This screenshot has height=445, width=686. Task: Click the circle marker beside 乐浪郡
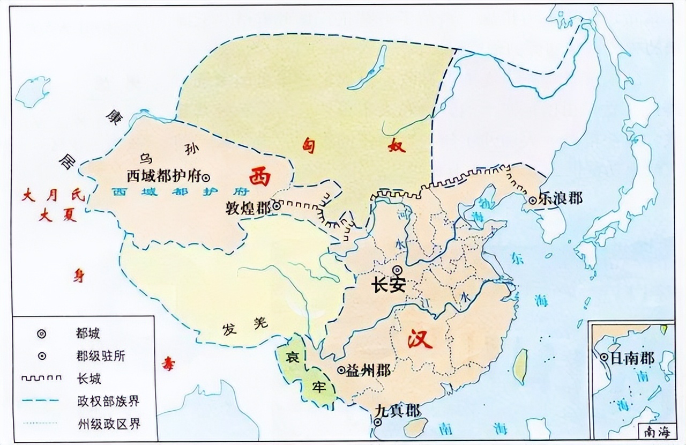(533, 201)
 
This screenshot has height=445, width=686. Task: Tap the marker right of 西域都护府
(205, 177)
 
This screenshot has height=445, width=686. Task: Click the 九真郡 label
(397, 411)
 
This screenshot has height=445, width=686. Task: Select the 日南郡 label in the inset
(632, 358)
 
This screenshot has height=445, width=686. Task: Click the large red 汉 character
(420, 339)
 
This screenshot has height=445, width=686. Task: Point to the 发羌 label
(244, 327)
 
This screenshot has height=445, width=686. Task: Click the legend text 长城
(88, 379)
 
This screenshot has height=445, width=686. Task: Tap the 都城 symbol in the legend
(41, 333)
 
